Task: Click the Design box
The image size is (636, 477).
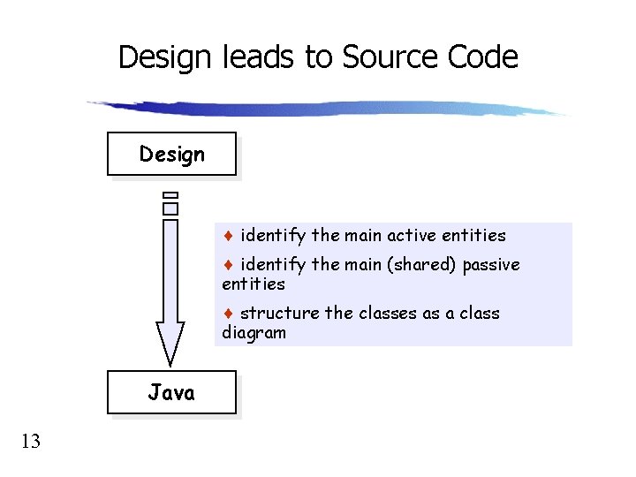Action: point(171,155)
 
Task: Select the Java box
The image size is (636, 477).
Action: point(171,393)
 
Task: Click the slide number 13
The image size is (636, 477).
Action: point(31,441)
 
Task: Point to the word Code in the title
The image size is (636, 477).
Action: point(482,57)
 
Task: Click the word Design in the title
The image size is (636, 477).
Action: point(164,57)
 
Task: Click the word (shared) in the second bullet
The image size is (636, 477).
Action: point(420,265)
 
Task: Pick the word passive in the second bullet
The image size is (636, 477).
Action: point(491,265)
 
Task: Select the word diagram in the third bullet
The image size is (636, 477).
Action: point(254,333)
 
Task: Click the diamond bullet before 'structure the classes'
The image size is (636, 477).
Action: point(228,314)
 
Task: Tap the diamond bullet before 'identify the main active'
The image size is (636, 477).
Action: point(228,236)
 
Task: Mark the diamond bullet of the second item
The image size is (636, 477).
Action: point(228,265)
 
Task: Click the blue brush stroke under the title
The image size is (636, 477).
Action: point(327,109)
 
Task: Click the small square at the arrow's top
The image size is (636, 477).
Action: point(170,208)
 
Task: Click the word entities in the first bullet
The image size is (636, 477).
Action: point(475,236)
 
